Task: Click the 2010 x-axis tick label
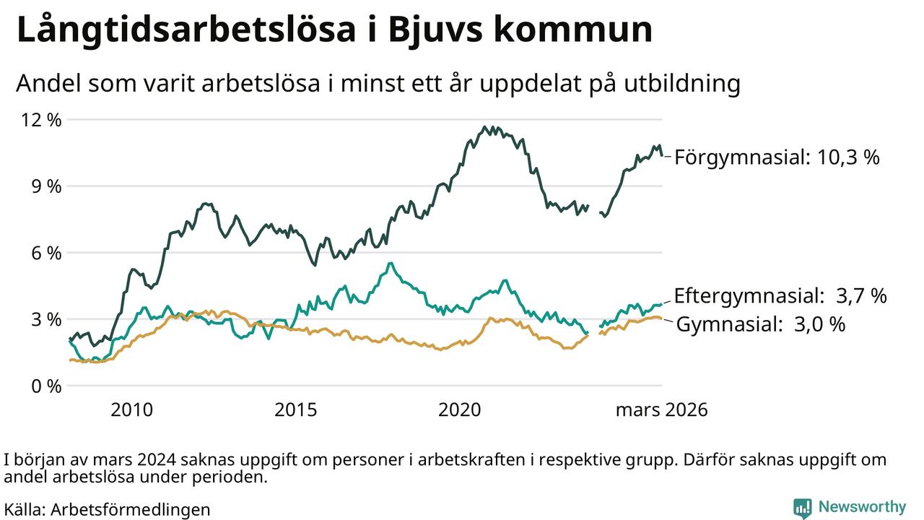click(x=131, y=411)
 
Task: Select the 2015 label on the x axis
click(x=296, y=411)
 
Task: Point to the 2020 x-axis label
click(x=460, y=411)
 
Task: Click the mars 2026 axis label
click(x=661, y=411)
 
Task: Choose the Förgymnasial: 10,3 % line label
click(x=777, y=157)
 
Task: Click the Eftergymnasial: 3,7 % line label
click(x=780, y=295)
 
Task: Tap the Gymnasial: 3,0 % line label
click(x=760, y=325)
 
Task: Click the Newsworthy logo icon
click(x=802, y=508)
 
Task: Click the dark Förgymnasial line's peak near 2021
click(x=485, y=127)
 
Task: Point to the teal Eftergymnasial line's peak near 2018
click(x=391, y=263)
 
